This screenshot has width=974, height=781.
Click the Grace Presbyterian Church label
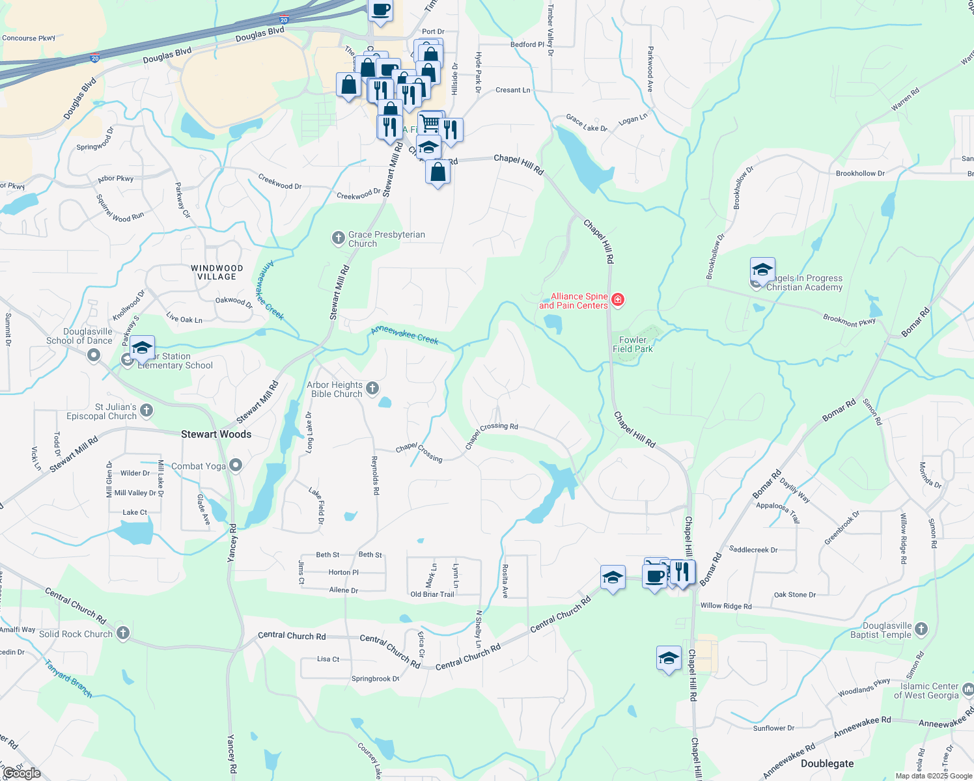tap(386, 239)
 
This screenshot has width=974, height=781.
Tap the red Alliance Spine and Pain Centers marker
tap(618, 300)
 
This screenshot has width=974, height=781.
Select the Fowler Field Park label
tap(632, 344)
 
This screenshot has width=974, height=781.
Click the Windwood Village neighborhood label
tap(217, 272)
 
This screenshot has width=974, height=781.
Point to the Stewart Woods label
tap(216, 434)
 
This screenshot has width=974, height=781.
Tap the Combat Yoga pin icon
tap(236, 465)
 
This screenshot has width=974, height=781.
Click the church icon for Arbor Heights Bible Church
tap(372, 389)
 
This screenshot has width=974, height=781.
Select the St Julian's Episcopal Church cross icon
tap(146, 410)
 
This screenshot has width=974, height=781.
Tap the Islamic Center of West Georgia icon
tap(967, 689)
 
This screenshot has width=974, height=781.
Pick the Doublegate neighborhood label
tap(827, 763)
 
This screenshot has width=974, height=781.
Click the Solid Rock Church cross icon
tap(122, 633)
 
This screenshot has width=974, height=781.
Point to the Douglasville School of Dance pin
tap(94, 355)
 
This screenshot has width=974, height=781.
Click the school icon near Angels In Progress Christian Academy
tap(762, 269)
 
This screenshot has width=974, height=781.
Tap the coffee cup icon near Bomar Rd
tap(655, 575)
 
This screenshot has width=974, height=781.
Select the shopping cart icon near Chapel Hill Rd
tap(430, 122)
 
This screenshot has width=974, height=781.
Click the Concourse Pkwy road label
tap(29, 38)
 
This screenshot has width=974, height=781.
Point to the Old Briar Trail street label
tap(432, 594)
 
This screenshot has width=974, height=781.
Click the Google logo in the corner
tap(21, 773)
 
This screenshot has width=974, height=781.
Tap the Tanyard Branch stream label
tap(68, 679)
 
